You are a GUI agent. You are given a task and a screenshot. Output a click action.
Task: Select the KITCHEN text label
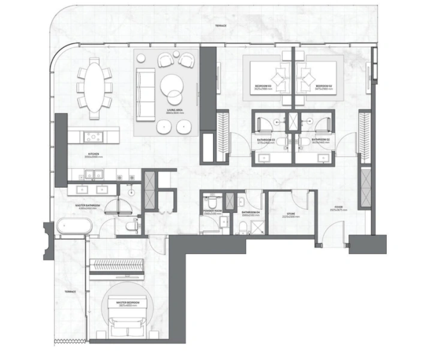point(93,155)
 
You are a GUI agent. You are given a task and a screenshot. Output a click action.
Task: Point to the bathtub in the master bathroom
point(74,227)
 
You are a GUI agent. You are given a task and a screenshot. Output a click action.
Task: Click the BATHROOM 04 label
point(250,212)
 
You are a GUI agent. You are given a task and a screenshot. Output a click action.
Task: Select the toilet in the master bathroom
point(131,226)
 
